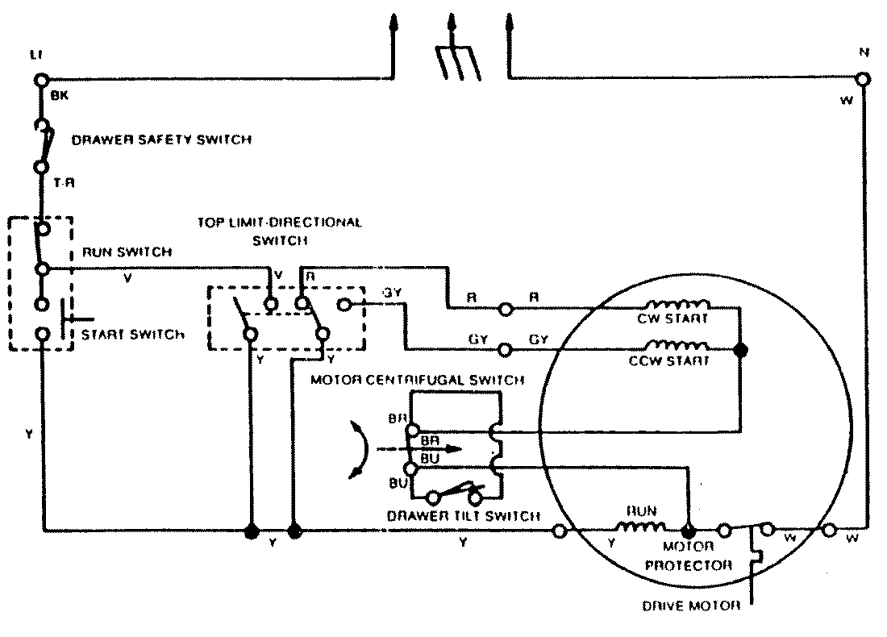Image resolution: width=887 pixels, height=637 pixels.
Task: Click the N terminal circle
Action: [x=863, y=79]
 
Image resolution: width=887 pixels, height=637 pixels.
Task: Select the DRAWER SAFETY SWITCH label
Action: [x=161, y=139]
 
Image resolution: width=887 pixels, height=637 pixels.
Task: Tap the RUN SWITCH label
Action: [x=127, y=252]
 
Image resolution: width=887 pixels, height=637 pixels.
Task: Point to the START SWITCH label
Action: [x=133, y=335]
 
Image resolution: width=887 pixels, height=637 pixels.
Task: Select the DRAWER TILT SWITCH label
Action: [x=463, y=516]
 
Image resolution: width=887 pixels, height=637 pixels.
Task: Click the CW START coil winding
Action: [x=681, y=306]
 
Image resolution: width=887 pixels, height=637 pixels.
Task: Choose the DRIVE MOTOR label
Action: [x=691, y=606]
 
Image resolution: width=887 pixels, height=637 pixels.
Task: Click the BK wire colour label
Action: [x=60, y=95]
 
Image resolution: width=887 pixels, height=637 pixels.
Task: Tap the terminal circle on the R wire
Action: [x=506, y=308]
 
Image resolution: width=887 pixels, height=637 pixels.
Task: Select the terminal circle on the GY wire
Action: [x=506, y=350]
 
